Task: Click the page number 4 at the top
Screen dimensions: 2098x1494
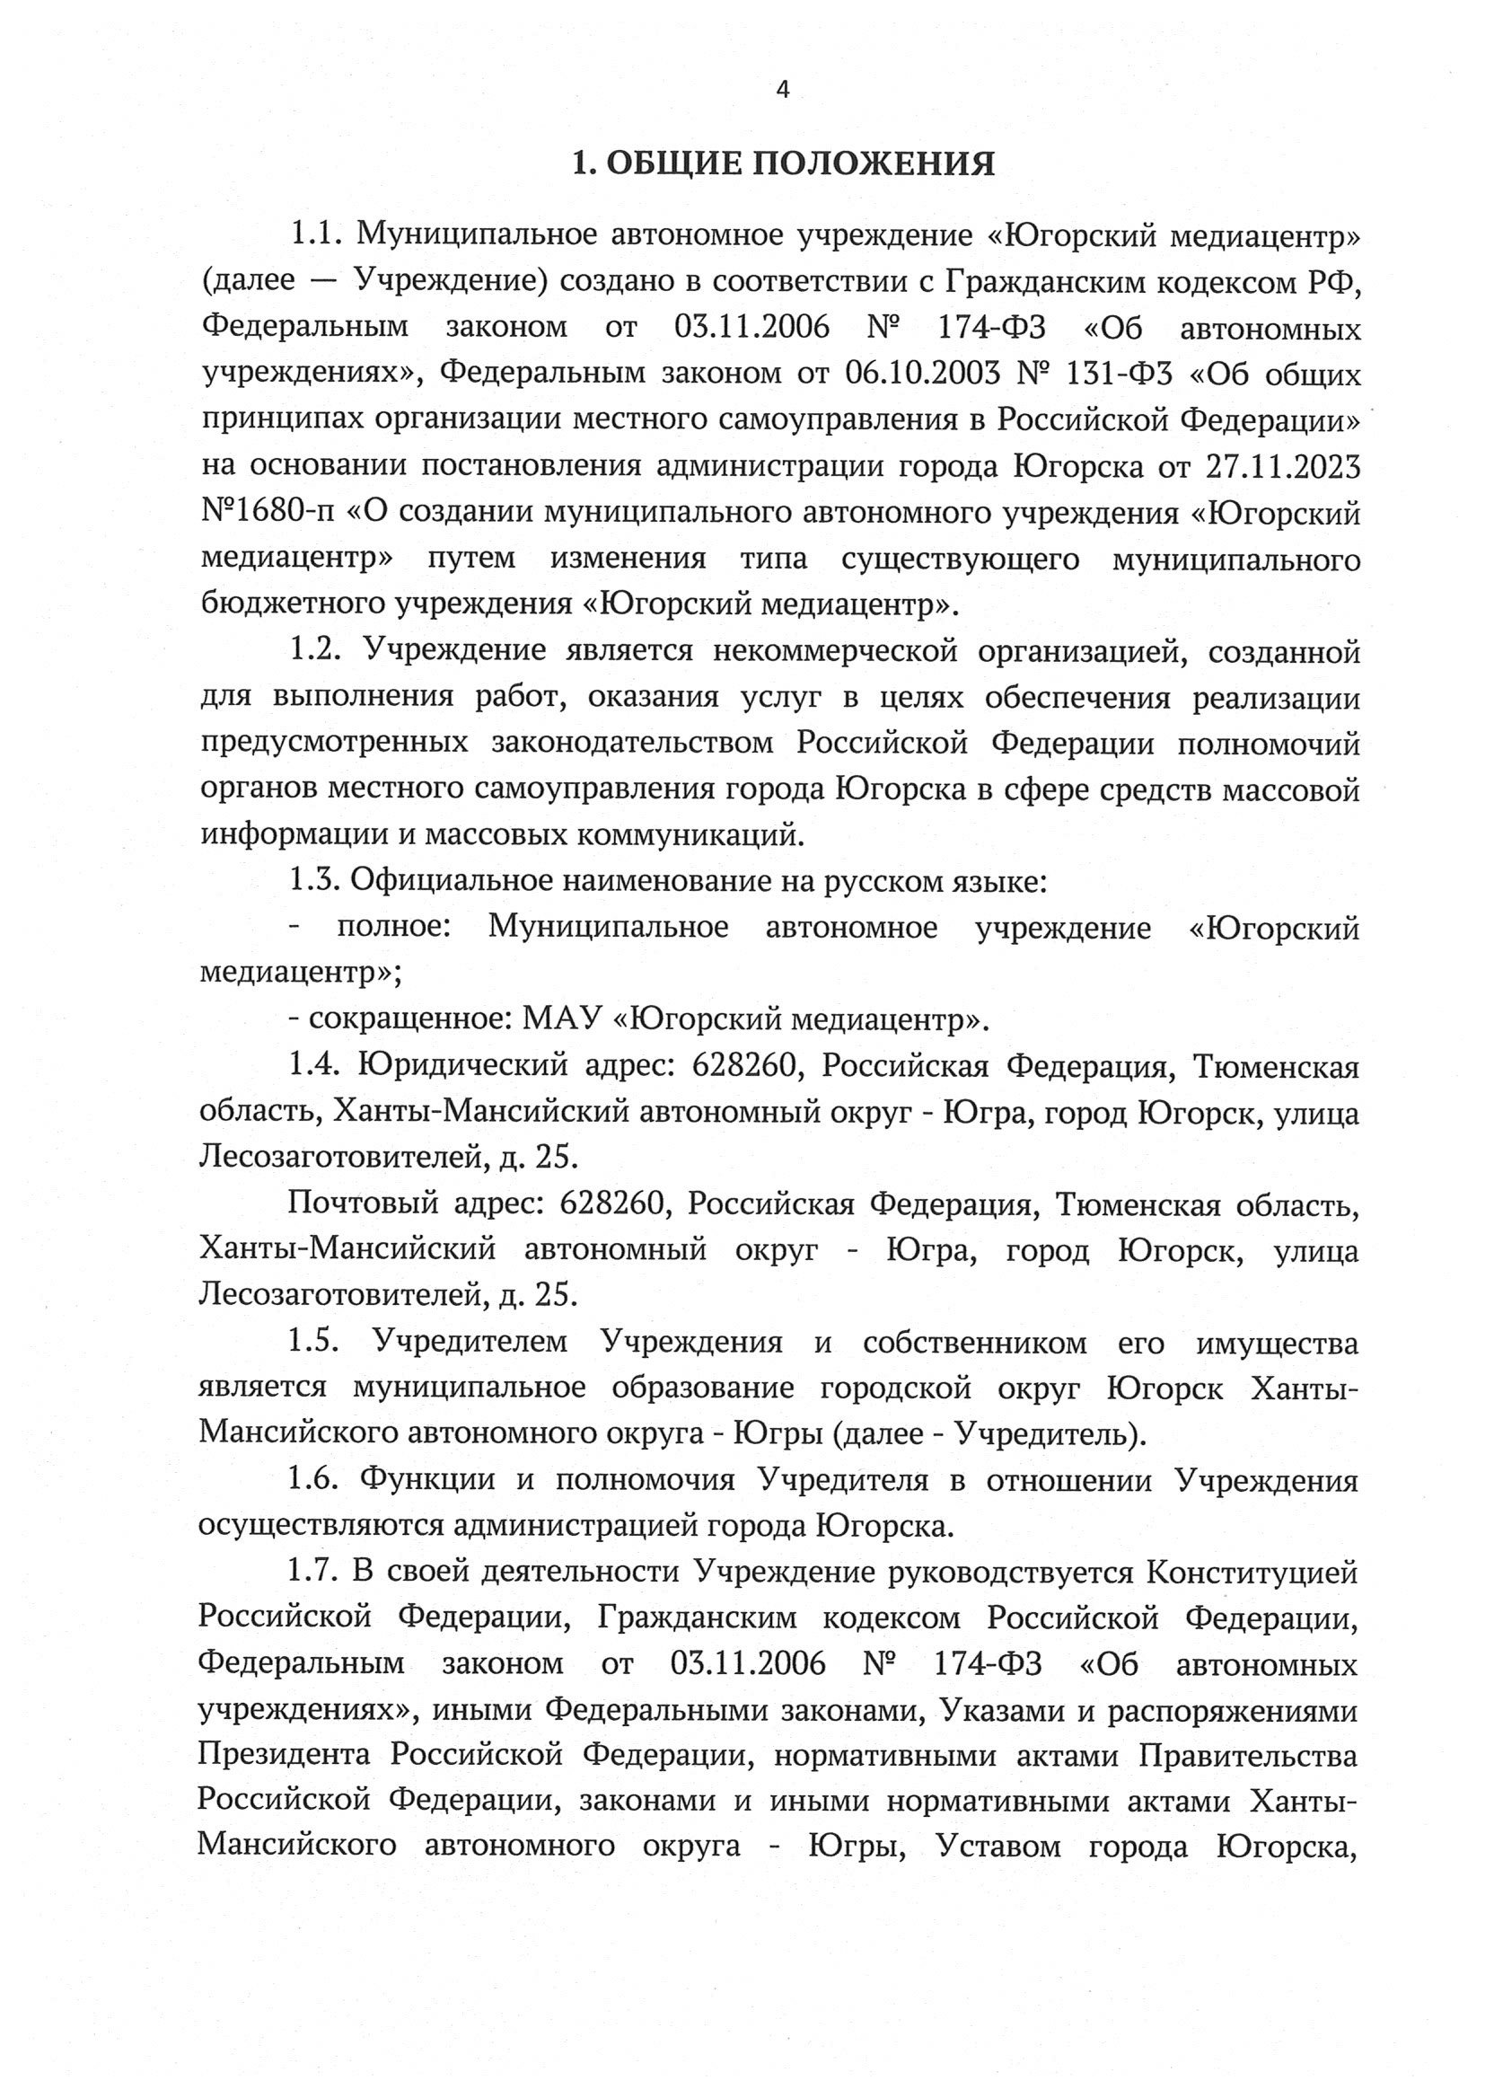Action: [x=783, y=90]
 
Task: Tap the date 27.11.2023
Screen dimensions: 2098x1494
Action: [x=1282, y=467]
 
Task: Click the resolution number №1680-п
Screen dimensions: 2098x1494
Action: [x=266, y=514]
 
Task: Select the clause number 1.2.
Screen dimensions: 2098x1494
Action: [x=316, y=651]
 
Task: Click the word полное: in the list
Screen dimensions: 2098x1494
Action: [x=393, y=928]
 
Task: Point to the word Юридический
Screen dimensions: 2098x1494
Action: [x=461, y=1066]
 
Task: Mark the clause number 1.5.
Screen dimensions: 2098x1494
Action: [x=314, y=1344]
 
